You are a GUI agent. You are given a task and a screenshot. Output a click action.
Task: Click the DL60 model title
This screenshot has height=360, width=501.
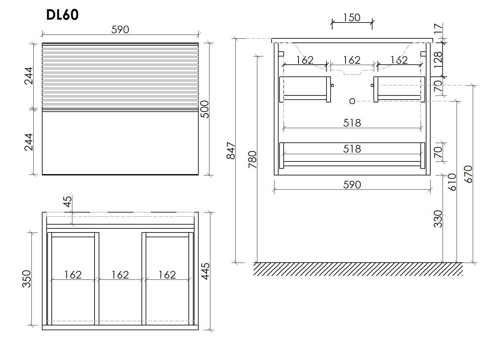point(63,15)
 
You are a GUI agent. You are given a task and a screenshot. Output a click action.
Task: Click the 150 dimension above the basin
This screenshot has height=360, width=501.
point(352,18)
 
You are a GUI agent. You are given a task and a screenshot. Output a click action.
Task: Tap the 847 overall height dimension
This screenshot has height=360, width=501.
point(231,150)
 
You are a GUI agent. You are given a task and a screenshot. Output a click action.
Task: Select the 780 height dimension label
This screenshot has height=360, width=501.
point(253,159)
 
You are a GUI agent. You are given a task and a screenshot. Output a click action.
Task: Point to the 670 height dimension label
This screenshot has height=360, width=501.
point(469,174)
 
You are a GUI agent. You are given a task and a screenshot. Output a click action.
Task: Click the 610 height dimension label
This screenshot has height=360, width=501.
point(452,182)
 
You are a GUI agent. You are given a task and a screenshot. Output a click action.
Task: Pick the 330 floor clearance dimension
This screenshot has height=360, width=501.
point(438,219)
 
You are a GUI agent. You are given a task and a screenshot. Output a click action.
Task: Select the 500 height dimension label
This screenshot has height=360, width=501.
point(205,109)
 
